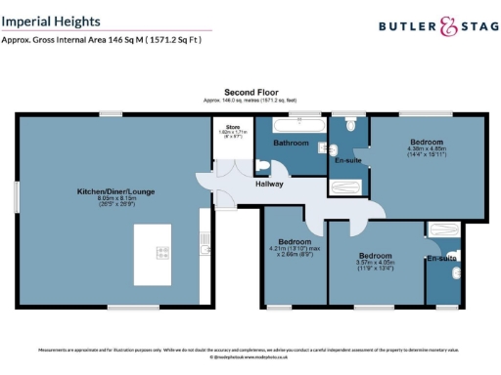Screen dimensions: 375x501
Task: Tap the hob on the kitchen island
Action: point(162,252)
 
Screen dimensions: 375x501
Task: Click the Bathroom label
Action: point(291,144)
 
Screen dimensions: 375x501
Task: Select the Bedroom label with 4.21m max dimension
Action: point(295,241)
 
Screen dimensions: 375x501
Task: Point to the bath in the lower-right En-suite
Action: point(441,230)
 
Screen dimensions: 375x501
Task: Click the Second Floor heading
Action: point(250,91)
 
